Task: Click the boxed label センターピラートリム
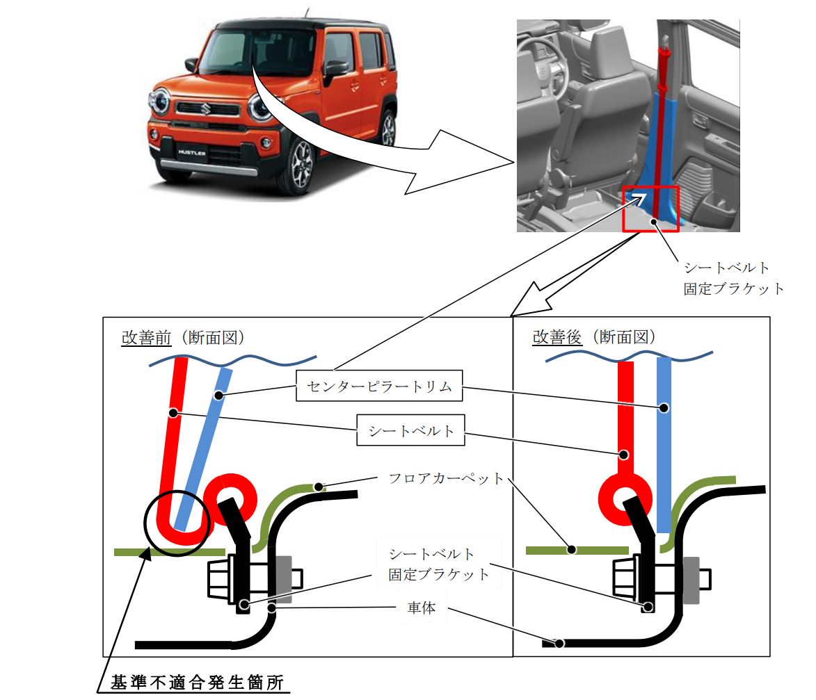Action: coord(379,386)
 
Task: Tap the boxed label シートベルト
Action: coord(410,431)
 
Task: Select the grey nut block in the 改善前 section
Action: coord(283,578)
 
